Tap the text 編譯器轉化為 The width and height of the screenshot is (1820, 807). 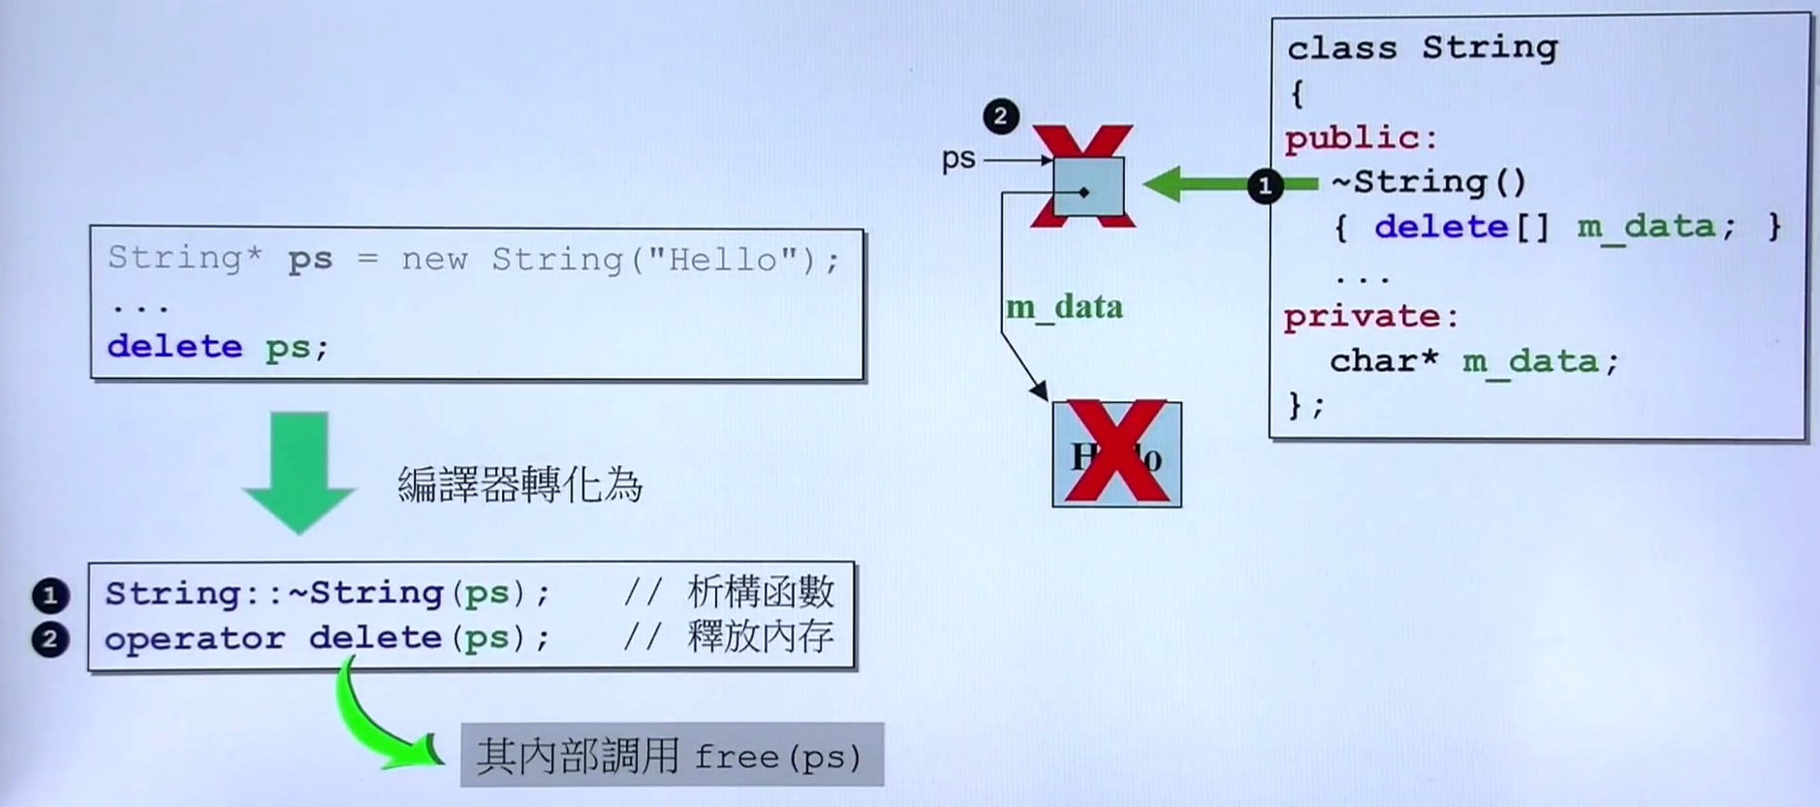pos(519,484)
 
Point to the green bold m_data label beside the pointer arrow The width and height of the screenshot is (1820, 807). pos(1064,307)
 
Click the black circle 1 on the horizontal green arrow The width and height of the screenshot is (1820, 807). pos(1265,185)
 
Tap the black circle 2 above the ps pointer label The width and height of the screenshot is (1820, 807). pos(1000,116)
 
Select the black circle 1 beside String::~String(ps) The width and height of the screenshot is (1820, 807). pos(50,595)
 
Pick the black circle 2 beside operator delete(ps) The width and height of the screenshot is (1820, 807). pos(50,639)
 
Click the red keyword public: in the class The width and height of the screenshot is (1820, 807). pos(1361,139)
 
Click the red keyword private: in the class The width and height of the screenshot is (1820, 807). pos(1370,317)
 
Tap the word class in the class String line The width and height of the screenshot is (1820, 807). pos(1341,47)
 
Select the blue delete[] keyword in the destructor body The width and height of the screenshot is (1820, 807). pos(1461,228)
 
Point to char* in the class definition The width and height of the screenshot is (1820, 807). pos(1383,361)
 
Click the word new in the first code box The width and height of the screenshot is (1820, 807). pos(434,260)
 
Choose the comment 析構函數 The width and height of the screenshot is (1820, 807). pos(760,591)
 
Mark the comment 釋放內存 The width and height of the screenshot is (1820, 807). pos(760,636)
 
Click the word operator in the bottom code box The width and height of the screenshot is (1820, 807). pos(195,638)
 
